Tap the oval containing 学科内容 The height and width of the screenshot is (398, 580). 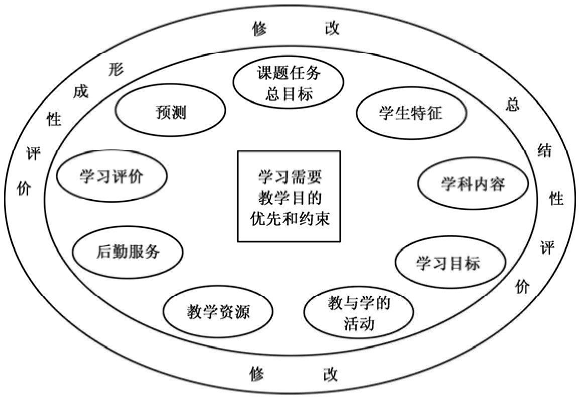(x=473, y=184)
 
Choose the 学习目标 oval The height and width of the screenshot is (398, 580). (x=448, y=263)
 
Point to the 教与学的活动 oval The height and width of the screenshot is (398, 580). (x=359, y=313)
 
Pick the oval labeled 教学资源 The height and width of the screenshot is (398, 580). (x=217, y=313)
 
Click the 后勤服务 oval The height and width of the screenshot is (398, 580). (x=128, y=252)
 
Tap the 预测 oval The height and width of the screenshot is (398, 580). (x=170, y=113)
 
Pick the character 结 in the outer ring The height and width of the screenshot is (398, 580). (x=544, y=150)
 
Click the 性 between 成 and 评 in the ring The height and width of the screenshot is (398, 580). (x=54, y=120)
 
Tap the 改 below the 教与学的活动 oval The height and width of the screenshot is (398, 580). (x=330, y=374)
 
